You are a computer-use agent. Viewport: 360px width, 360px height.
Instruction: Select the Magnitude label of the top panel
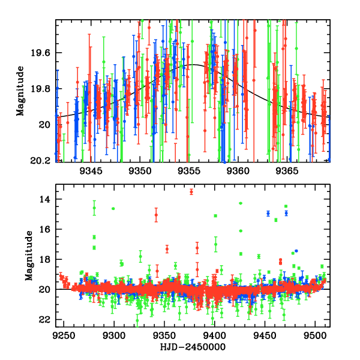pos(20,91)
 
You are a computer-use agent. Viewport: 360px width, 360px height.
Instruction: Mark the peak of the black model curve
pos(193,65)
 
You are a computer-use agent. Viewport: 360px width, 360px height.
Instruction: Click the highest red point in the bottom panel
pos(191,191)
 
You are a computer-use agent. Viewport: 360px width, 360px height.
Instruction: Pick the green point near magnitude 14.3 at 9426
pos(241,203)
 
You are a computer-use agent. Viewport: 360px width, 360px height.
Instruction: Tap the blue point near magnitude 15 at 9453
pos(268,213)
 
